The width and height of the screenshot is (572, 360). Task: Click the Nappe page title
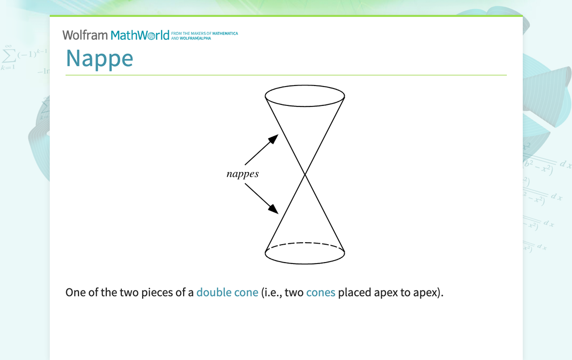[x=99, y=58]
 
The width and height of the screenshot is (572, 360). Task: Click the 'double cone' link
[x=227, y=292]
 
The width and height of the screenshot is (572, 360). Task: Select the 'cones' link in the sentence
[x=321, y=292]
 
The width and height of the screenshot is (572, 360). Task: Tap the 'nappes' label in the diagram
[x=243, y=174]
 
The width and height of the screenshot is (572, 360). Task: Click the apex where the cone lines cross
[x=305, y=175]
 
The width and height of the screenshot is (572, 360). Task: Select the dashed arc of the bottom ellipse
[x=305, y=243]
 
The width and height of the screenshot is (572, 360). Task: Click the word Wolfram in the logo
[x=85, y=35]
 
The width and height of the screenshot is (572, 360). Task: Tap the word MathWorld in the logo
[x=140, y=35]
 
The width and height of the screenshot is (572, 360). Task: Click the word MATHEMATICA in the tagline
[x=225, y=33]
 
